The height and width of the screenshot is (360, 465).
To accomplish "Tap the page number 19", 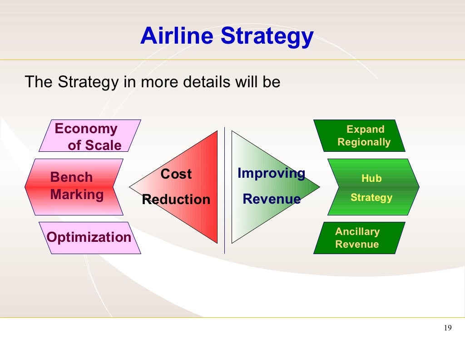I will click(x=448, y=328).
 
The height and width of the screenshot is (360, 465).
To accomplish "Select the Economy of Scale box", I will click(x=89, y=136).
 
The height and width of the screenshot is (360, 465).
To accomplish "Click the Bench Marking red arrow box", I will click(x=74, y=187).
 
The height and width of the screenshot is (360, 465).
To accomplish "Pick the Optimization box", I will click(x=89, y=238).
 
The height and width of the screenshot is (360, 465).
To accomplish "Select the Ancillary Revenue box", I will click(x=359, y=238).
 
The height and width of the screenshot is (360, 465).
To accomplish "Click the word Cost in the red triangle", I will click(x=176, y=174).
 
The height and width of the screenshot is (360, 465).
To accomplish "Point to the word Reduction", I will click(x=176, y=200).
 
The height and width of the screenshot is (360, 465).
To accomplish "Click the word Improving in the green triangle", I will click(x=271, y=173).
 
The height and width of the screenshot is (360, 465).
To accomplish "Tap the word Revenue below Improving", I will click(x=272, y=199).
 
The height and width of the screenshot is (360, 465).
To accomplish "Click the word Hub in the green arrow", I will click(x=371, y=179).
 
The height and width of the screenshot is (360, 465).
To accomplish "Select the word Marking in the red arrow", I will click(x=77, y=195).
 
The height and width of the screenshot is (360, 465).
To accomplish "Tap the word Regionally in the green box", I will click(x=364, y=142).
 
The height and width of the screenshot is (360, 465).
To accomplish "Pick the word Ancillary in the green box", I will click(x=357, y=231).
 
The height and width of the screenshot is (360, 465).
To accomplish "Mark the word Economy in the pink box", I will click(x=86, y=129).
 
